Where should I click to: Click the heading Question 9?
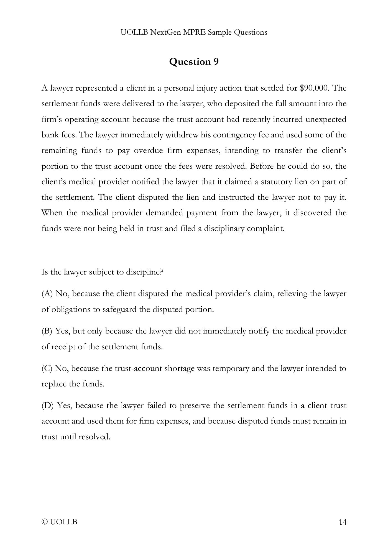point(194,61)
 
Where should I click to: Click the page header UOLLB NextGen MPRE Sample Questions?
point(194,32)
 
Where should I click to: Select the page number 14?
point(342,522)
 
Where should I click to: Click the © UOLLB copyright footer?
point(59,522)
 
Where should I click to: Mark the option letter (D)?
point(47,406)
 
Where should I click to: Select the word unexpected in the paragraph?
point(326,119)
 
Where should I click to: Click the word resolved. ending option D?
point(95,437)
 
